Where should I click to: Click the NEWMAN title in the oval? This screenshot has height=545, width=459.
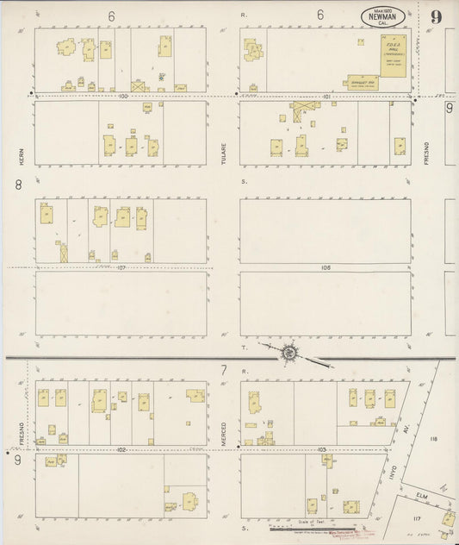click(381, 15)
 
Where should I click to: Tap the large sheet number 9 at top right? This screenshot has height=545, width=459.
click(437, 17)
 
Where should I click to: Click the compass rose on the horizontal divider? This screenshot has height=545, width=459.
click(289, 353)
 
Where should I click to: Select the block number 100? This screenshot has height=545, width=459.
click(122, 96)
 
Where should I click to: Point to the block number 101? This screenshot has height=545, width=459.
click(326, 96)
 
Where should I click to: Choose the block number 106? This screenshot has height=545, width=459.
click(326, 267)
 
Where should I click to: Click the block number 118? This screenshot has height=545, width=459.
click(432, 439)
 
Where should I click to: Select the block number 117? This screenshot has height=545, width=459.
click(416, 517)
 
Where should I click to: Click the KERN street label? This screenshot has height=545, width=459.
click(17, 155)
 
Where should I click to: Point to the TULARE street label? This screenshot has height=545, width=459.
click(223, 155)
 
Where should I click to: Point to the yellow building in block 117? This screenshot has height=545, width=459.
click(450, 519)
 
